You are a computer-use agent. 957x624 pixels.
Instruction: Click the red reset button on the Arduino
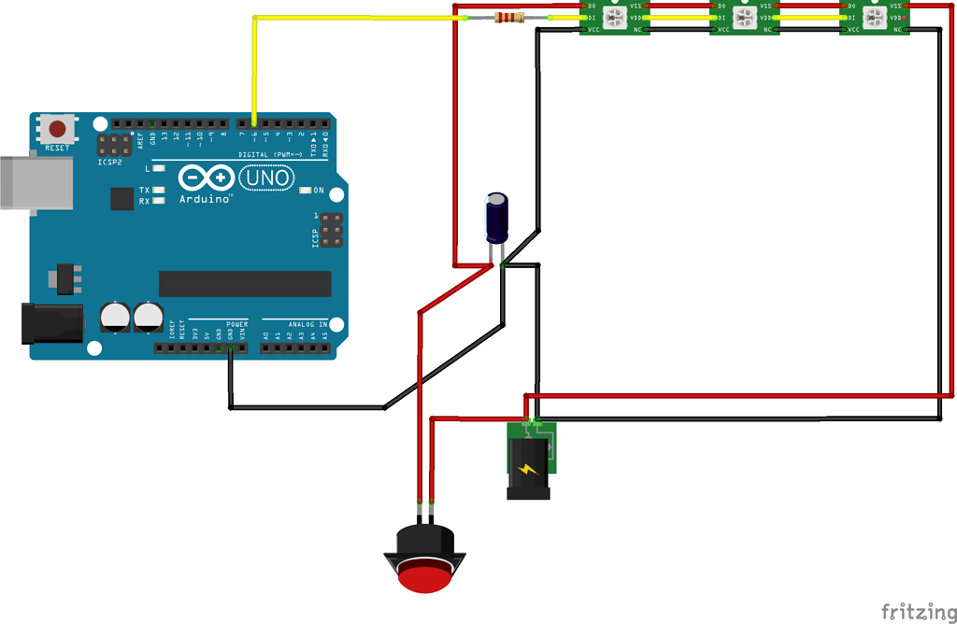click(58, 129)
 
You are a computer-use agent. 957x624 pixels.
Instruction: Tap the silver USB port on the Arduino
click(34, 181)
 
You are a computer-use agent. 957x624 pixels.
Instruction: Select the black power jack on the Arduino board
click(50, 323)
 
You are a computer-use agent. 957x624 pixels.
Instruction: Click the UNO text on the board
click(266, 177)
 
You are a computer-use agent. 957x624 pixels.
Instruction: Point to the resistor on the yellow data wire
click(507, 17)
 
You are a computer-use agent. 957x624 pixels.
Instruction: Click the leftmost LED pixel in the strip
click(616, 18)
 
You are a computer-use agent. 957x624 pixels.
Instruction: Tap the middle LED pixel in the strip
click(744, 18)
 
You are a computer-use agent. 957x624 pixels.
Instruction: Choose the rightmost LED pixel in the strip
click(874, 18)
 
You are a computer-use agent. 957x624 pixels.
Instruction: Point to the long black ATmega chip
click(245, 283)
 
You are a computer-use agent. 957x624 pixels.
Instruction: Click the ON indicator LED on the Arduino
click(306, 191)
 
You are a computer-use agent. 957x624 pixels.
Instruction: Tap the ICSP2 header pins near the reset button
click(115, 146)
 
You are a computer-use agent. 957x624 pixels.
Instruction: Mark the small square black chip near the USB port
click(121, 198)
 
